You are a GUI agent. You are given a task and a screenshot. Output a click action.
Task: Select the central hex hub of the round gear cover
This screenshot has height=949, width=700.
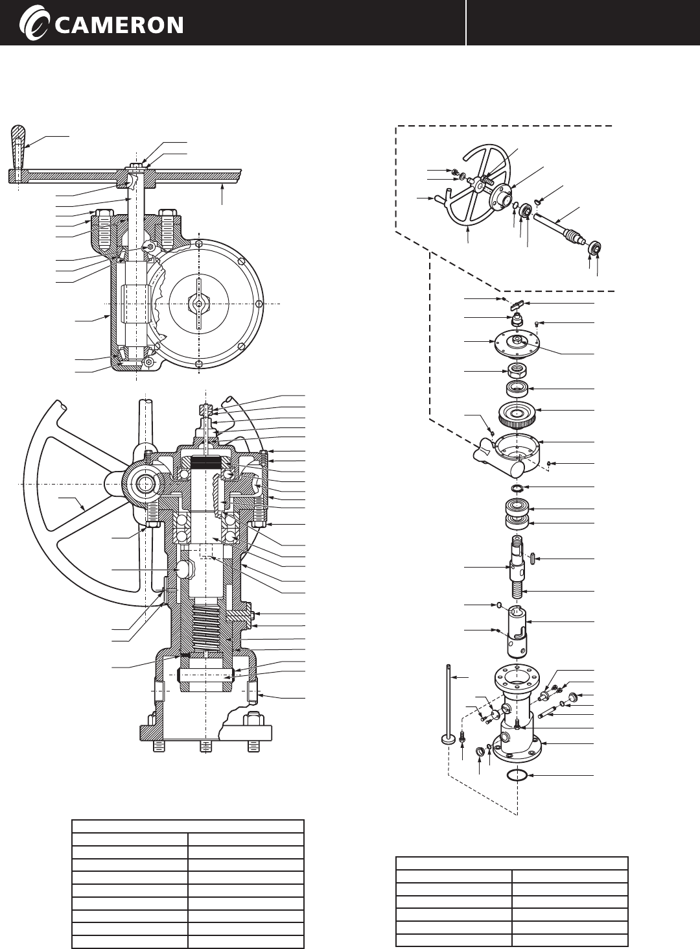point(198,303)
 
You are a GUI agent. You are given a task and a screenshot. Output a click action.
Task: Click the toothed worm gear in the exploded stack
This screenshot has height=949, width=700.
point(517,414)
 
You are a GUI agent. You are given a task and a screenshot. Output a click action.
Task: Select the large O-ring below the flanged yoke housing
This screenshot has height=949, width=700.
point(517,776)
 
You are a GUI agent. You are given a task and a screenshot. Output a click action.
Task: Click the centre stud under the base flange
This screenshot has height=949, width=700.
point(205,746)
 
